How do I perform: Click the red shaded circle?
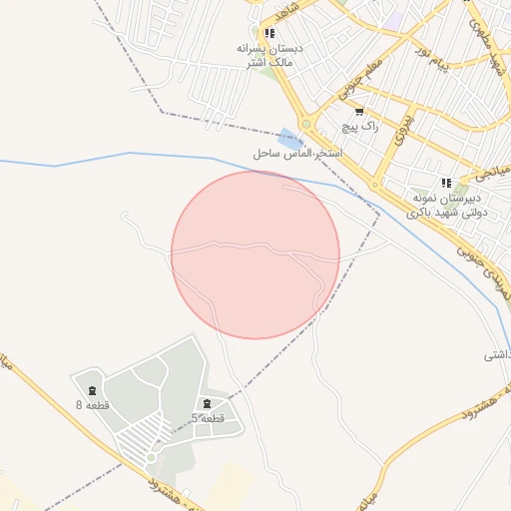pos(255,255)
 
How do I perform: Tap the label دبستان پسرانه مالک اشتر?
pos(268,55)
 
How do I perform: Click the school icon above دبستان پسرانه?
pos(269,32)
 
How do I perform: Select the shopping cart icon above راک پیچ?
pos(358,112)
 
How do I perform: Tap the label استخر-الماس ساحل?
pos(296,155)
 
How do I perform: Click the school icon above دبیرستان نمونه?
pos(446,182)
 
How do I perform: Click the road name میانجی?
pos(489,169)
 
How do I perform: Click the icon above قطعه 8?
pos(93,389)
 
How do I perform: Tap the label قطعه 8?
pos(93,405)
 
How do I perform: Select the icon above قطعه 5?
pos(207,402)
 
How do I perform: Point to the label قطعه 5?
pos(209,418)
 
